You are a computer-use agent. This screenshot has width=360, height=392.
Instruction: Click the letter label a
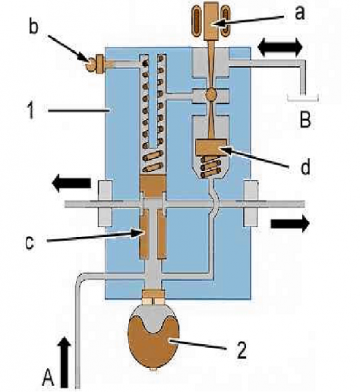pos(300,13)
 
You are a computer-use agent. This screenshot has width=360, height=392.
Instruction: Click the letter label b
pos(33,26)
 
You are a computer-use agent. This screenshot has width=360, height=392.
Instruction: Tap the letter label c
pos(29,242)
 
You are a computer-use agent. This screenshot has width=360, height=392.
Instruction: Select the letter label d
pos(305,167)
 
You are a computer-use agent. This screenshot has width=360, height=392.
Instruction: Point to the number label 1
pos(31,110)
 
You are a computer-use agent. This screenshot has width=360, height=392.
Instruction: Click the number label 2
pos(241,351)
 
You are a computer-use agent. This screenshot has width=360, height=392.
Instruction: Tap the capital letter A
pos(48,378)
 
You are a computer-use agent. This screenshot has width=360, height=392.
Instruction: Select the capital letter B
pos(305,120)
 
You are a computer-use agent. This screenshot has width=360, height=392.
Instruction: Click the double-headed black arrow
pos(280,47)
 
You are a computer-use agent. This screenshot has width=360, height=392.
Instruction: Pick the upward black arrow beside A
pos(65,363)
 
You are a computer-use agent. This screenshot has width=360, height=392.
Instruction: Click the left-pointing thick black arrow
pos(72,183)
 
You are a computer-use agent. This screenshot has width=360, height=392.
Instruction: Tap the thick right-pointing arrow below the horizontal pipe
pos(290,223)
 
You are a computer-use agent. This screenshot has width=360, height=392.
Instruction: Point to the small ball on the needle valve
pos(210,95)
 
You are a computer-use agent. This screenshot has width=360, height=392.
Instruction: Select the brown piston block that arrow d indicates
pos(211,147)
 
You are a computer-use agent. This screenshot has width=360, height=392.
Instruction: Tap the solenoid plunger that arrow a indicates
pos(211,22)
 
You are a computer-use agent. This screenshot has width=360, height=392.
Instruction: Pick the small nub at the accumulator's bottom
pos(153,370)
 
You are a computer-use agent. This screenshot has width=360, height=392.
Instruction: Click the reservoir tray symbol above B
pos(303,98)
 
